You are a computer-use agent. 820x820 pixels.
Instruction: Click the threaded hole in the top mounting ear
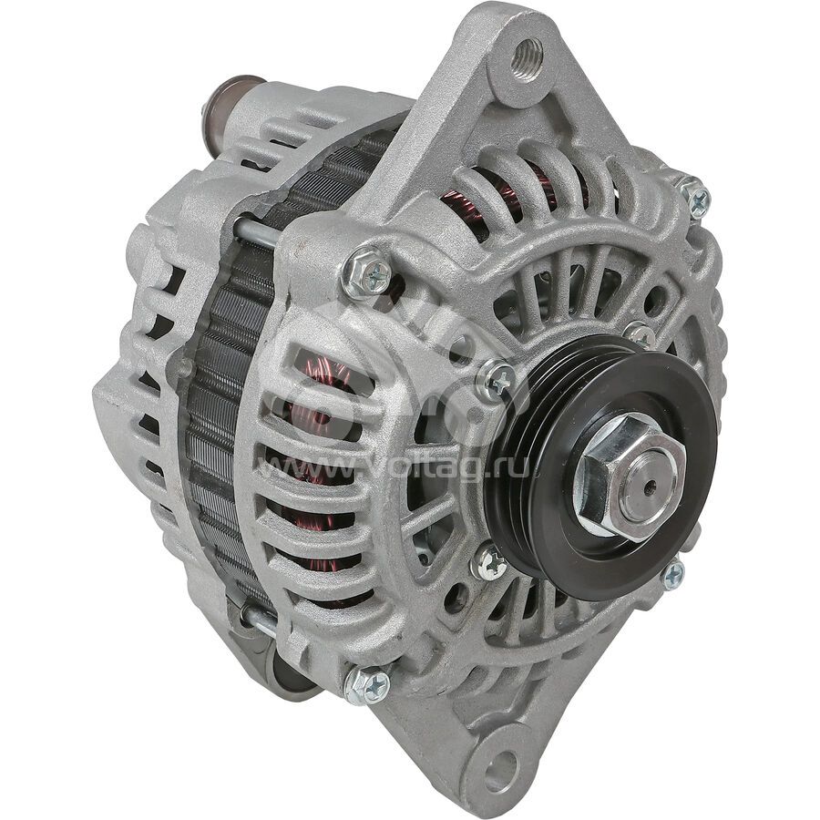tap(528, 59)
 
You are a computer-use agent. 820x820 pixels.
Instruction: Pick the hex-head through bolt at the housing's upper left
tap(365, 271)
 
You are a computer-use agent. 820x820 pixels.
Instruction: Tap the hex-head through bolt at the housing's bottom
tap(366, 685)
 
